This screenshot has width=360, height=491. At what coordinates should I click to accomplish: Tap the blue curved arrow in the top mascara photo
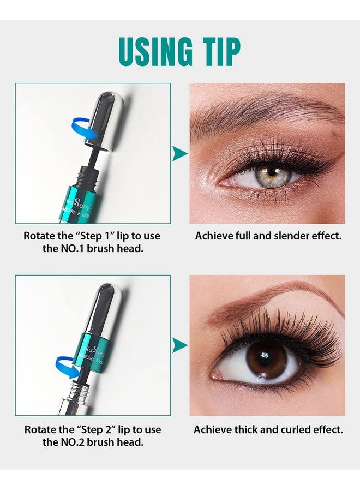click(85, 131)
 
